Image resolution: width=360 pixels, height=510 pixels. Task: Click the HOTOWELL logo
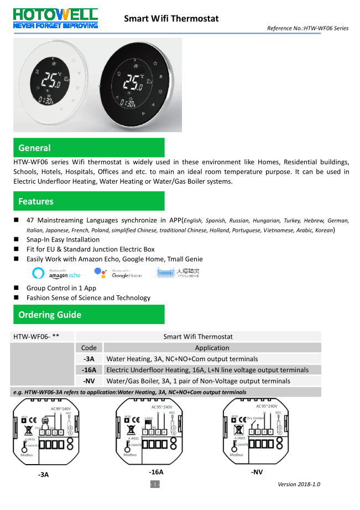(x=55, y=17)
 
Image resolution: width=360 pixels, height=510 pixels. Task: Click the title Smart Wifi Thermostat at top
(x=171, y=19)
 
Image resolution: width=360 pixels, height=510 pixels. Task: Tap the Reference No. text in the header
(x=307, y=28)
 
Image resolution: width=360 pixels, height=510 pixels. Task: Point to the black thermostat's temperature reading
(x=133, y=82)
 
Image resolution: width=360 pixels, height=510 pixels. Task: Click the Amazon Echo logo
(x=57, y=273)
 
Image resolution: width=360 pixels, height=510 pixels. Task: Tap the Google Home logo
(x=118, y=273)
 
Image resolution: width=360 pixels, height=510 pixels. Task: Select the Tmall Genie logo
(x=178, y=273)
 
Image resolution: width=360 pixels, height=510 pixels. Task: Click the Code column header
(x=88, y=348)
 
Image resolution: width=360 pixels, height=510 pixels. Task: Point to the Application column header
(x=212, y=348)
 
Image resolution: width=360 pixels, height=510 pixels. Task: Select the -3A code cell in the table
(x=88, y=359)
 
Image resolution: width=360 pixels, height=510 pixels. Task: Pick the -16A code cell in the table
(x=88, y=370)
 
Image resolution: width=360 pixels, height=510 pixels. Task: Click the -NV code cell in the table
(x=88, y=381)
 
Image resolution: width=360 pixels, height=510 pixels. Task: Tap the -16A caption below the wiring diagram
(x=156, y=472)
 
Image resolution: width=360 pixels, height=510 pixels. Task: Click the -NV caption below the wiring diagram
(x=257, y=472)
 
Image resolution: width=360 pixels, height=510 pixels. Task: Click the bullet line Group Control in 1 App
(x=61, y=288)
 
